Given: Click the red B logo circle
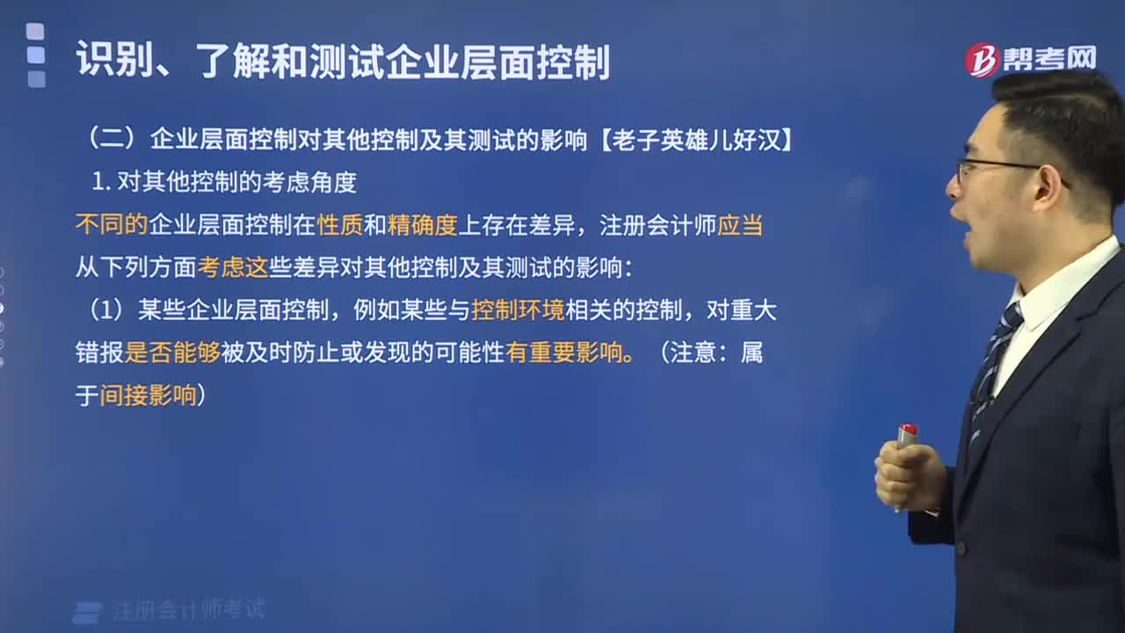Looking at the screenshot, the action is tap(982, 61).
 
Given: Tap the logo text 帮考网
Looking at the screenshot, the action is tap(1049, 59).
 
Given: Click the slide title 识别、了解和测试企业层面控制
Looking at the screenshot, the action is tap(343, 62).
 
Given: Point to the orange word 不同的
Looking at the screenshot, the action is tap(112, 224).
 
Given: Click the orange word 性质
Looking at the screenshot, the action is tap(340, 224).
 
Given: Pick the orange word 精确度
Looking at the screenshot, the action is tap(422, 224).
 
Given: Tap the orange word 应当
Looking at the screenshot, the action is tap(740, 224).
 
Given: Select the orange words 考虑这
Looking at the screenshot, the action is tap(233, 267).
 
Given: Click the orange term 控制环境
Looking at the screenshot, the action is tap(518, 310).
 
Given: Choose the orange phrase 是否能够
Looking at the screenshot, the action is tap(172, 353).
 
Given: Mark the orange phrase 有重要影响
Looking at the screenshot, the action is tap(564, 353).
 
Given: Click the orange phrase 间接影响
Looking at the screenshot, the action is tap(149, 396).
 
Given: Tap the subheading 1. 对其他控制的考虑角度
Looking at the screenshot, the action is tap(224, 182).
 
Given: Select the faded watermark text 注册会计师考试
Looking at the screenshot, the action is tap(189, 609).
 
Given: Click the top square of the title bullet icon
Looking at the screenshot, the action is tap(35, 31).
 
